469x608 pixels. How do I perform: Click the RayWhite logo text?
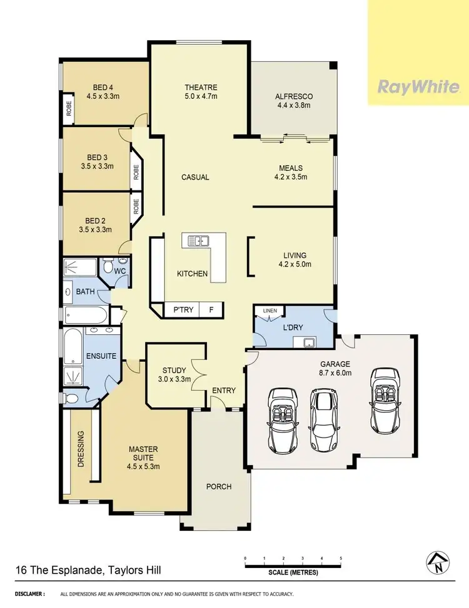tap(418, 87)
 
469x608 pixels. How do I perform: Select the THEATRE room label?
tap(200, 87)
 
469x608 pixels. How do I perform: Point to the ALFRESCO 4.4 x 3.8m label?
tap(293, 101)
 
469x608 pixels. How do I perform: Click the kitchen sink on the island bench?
tap(199, 240)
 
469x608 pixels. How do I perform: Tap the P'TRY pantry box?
tap(183, 309)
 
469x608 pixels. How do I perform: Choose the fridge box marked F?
tap(211, 309)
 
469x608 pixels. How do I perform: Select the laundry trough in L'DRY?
tap(306, 342)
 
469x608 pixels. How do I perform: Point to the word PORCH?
tap(219, 487)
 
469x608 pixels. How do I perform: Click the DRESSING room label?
tap(81, 448)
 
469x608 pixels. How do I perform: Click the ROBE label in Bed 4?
tap(69, 111)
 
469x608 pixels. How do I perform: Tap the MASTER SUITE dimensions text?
tap(143, 466)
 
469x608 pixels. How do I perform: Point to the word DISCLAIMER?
tap(30, 594)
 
